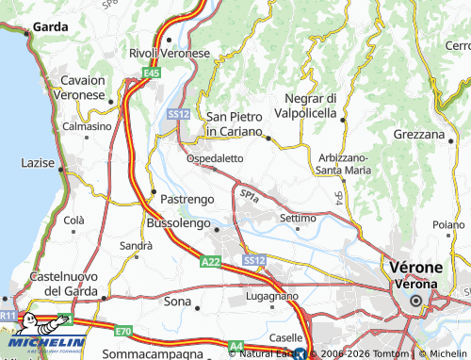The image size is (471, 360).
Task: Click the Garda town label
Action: pyautogui.click(x=49, y=27)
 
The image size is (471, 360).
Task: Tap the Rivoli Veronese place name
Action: pyautogui.click(x=169, y=54)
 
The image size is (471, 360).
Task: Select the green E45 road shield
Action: pyautogui.click(x=152, y=72)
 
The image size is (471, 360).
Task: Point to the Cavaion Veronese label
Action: pyautogui.click(x=83, y=88)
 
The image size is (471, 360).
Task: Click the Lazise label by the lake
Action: pyautogui.click(x=38, y=163)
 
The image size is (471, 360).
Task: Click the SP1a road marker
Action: pyautogui.click(x=250, y=195)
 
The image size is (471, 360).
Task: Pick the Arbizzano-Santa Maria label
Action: pyautogui.click(x=343, y=163)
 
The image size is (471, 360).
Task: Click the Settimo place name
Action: pyautogui.click(x=298, y=218)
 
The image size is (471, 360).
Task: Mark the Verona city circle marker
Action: pyautogui.click(x=414, y=301)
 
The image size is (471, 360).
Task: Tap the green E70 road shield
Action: pyautogui.click(x=123, y=332)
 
